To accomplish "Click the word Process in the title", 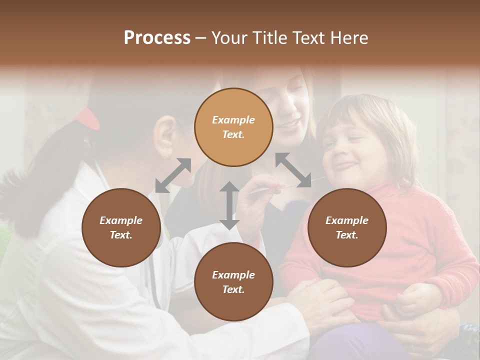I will [157, 38].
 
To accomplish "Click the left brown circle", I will [121, 227].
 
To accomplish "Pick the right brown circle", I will [347, 227].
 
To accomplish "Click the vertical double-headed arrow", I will [229, 205].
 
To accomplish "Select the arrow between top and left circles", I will [173, 175].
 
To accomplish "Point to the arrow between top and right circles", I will [293, 170].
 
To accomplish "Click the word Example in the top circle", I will [233, 120].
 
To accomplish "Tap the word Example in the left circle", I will [121, 220].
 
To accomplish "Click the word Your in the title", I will [228, 38].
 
